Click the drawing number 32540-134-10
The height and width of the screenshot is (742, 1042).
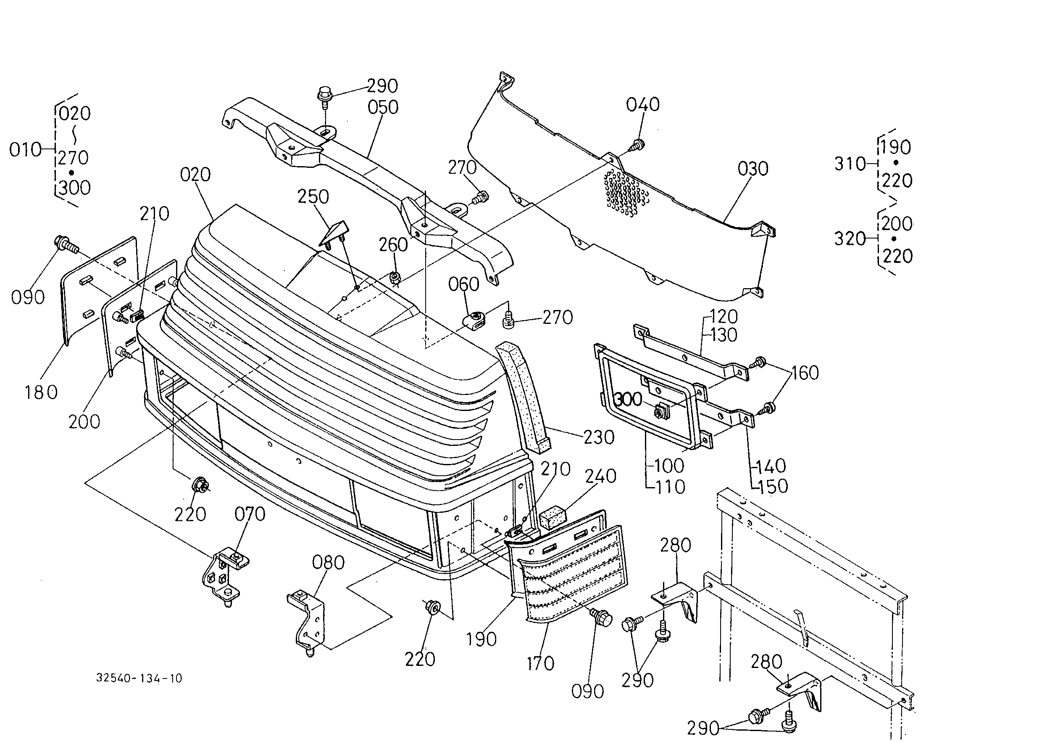click(139, 678)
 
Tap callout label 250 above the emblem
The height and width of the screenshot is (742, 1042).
click(313, 197)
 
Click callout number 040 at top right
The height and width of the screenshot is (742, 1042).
click(642, 105)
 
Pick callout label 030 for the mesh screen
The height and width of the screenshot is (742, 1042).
click(753, 169)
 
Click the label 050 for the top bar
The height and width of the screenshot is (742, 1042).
click(383, 107)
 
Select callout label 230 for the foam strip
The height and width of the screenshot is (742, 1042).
click(599, 437)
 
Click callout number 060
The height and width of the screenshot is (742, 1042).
click(464, 284)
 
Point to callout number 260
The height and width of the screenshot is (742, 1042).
click(393, 245)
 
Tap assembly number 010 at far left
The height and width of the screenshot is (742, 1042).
click(25, 150)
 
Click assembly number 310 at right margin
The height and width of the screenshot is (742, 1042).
click(850, 164)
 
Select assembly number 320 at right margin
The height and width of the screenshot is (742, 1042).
click(850, 238)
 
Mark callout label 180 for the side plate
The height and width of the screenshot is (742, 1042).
click(41, 392)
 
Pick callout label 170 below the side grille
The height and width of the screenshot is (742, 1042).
click(540, 663)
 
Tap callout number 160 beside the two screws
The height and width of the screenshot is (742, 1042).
click(805, 373)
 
